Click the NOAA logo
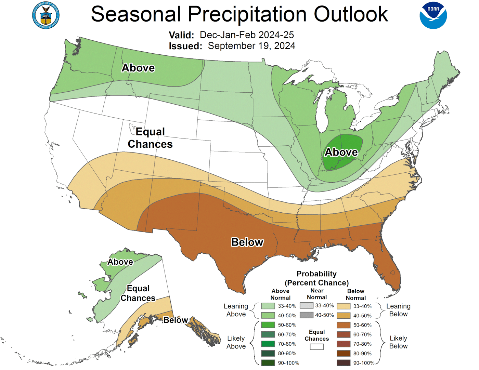click(433, 15)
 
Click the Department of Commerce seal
click(46, 15)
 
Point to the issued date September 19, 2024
click(251, 46)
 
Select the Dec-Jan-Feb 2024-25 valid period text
click(247, 35)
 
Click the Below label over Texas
click(247, 242)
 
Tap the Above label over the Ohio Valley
click(341, 152)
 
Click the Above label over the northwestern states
click(138, 68)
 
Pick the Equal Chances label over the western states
click(150, 138)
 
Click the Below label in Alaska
click(176, 320)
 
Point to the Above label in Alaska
click(120, 262)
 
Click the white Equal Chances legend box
click(316, 347)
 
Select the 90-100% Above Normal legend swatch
click(268, 363)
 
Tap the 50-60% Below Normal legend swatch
click(344, 325)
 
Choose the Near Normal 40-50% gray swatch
click(306, 315)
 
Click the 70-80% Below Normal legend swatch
click(344, 344)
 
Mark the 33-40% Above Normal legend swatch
click(268, 306)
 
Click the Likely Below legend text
click(398, 342)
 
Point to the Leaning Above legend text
click(236, 310)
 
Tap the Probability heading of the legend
click(316, 274)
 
